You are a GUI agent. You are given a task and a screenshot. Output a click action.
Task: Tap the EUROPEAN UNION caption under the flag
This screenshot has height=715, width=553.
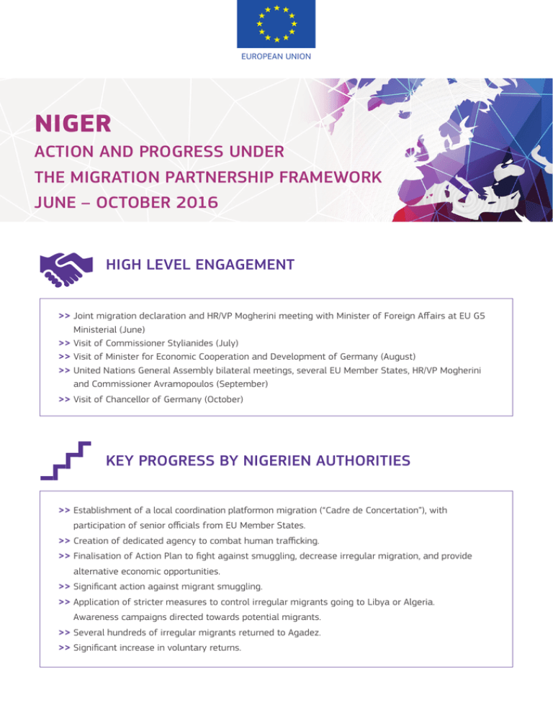pyautogui.click(x=276, y=55)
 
